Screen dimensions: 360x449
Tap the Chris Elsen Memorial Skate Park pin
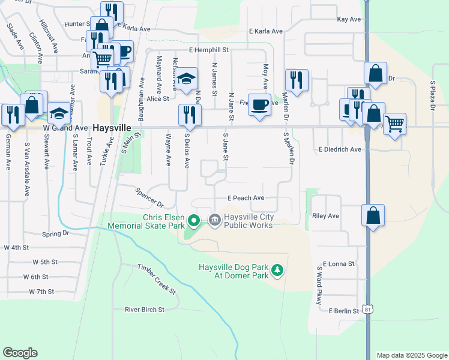pos(193,221)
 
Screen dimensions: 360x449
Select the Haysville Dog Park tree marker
pos(277,271)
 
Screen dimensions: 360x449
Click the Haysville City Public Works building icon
pos(215,221)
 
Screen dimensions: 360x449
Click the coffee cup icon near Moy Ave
pos(259,106)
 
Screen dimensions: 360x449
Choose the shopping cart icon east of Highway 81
pos(394,124)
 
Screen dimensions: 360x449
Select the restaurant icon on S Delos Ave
pos(189,115)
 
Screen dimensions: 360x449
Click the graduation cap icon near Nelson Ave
pos(187,79)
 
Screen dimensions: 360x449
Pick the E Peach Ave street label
pos(246,197)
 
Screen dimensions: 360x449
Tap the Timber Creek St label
pos(156,279)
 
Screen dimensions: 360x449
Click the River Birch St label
pos(144,310)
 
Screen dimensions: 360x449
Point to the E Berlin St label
pos(343,311)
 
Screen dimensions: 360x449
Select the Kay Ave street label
pos(349,19)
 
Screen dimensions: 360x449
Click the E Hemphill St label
pos(209,50)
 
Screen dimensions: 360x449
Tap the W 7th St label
pos(41,292)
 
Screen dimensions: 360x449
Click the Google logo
pos(20,353)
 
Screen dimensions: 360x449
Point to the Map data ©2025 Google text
pos(411,355)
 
